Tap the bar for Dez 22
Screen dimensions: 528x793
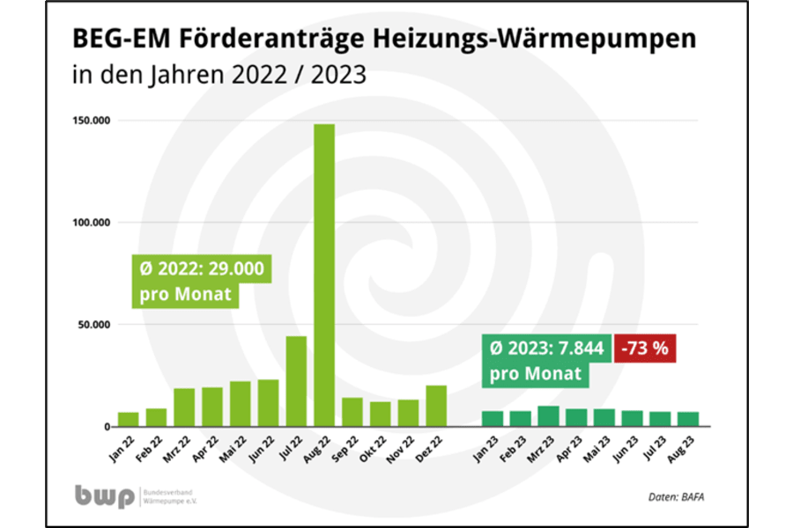436,406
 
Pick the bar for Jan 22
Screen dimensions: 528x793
129,419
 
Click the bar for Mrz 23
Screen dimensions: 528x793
548,416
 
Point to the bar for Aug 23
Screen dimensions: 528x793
688,419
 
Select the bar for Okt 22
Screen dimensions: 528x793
380,414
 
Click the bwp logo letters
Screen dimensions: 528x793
105,496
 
